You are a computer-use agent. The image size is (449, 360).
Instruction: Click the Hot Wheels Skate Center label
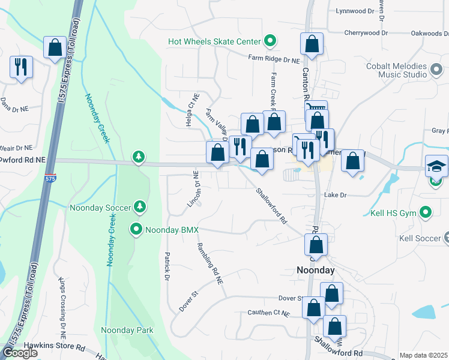[214, 41]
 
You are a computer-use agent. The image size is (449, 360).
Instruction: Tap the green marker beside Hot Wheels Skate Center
[271, 41]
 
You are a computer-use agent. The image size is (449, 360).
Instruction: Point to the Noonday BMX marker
[136, 229]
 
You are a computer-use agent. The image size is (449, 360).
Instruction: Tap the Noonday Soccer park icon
[140, 207]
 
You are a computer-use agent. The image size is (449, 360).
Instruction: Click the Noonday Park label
[127, 330]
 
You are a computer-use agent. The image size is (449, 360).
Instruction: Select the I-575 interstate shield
[50, 179]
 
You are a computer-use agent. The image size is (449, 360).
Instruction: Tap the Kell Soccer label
[420, 238]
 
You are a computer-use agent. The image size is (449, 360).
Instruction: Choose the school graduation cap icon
[436, 166]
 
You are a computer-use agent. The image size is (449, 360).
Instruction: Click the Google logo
[20, 353]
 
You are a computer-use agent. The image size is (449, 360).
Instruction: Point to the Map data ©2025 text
[424, 355]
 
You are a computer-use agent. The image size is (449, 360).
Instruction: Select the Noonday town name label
[316, 270]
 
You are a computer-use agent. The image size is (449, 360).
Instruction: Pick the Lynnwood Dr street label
[354, 11]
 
